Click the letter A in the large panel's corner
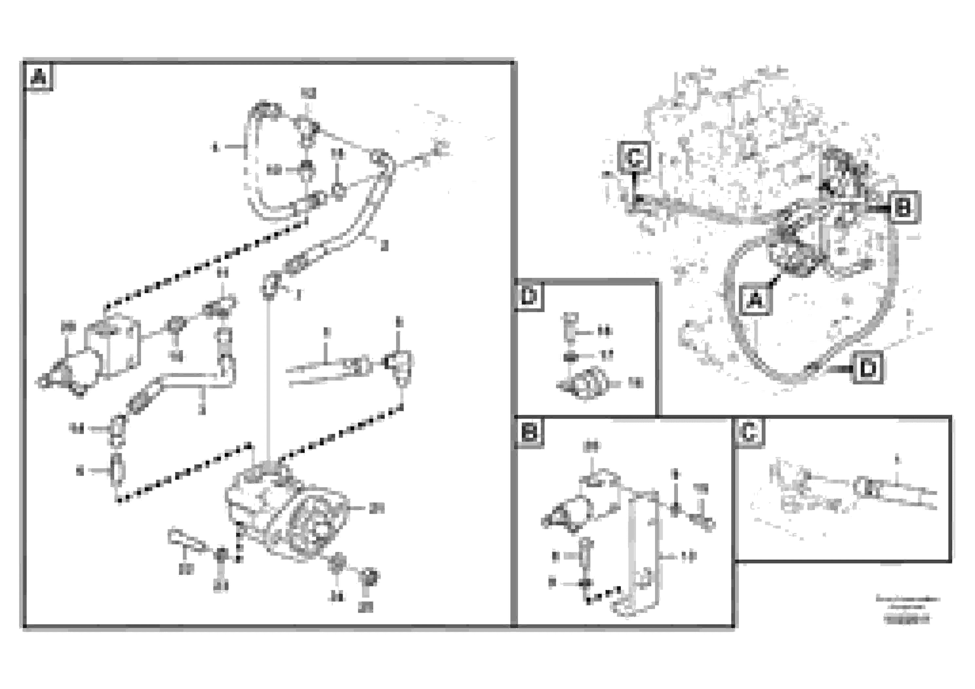[38, 77]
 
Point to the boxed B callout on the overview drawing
[903, 207]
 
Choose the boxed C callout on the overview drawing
[634, 158]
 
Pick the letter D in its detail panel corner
[529, 296]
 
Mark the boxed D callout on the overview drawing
[868, 368]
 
